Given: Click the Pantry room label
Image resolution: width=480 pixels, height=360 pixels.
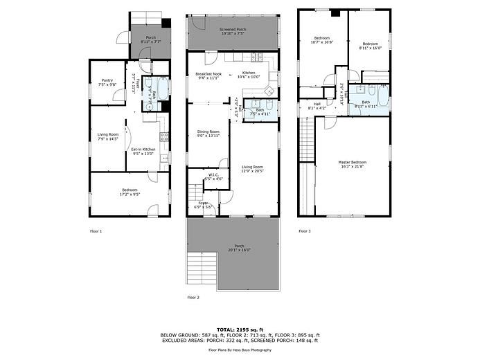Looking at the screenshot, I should point(107,82).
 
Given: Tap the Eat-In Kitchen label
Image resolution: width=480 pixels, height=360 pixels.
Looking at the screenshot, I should point(144,151).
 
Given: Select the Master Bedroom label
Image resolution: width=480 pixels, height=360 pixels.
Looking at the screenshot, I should point(353,164).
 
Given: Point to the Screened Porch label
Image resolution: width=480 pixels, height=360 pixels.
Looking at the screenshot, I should point(232,31).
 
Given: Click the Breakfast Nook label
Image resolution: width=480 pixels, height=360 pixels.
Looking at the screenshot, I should point(208,75).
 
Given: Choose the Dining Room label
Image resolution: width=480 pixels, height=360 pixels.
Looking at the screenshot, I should point(208,133).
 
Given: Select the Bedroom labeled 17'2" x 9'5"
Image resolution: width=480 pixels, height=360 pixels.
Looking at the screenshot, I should point(130,192).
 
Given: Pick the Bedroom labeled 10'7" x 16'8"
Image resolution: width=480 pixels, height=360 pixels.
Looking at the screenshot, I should point(322,39).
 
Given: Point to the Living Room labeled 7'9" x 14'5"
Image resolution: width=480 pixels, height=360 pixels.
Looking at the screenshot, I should point(107,136).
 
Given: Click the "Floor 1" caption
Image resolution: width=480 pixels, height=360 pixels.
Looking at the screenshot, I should point(96,231).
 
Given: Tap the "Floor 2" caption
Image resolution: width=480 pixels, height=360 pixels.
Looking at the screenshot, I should point(193,297).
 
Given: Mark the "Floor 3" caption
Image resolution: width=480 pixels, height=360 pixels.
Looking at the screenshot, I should point(305,231).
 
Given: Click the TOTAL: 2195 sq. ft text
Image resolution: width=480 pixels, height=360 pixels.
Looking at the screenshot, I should point(240,330).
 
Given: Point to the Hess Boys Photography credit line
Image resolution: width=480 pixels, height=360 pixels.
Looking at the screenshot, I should point(240,350).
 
